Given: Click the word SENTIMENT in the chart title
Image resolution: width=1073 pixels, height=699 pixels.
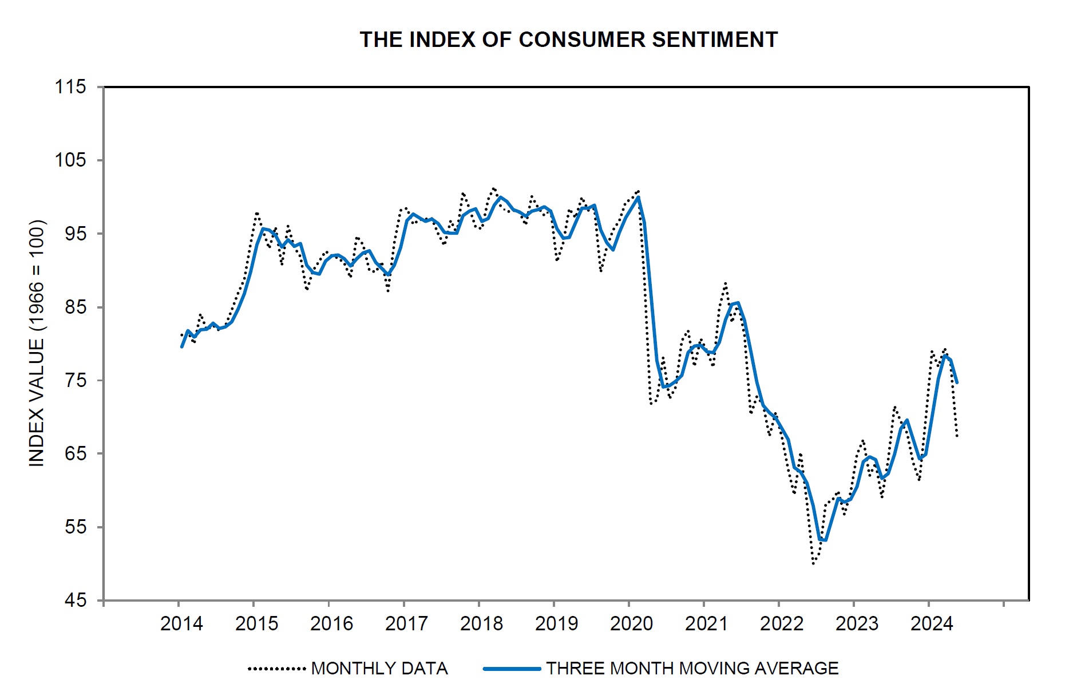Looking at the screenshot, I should [715, 40].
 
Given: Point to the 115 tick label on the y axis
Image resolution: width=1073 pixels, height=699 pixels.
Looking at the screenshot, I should [70, 87].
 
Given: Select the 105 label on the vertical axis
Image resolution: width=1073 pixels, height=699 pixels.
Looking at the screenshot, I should [70, 160].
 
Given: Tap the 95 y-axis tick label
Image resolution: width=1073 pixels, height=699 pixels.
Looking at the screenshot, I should [74, 234].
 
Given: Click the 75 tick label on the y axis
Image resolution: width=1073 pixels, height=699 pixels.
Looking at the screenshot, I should [74, 380].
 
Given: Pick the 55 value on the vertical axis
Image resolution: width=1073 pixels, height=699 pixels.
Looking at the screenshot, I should [74, 527].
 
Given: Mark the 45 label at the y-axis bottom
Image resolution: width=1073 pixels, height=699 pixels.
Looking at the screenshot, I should [74, 601].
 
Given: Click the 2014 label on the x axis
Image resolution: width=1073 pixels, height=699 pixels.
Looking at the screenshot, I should [181, 623].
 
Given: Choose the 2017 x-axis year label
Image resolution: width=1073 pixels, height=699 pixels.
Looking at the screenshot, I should [406, 623].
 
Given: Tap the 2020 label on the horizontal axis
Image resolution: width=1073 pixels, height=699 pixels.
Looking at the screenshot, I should [631, 623].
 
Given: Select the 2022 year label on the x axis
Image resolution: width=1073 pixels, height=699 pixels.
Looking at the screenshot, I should [781, 623].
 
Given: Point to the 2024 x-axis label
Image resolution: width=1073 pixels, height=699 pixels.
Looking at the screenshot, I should [932, 623].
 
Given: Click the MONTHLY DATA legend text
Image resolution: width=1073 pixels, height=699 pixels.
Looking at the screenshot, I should [379, 669].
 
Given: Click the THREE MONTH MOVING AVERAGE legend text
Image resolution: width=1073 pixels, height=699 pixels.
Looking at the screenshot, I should [692, 669].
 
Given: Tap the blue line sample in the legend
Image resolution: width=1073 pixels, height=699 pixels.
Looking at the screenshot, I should [512, 669].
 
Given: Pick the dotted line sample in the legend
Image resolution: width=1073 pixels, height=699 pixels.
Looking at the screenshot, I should [277, 669].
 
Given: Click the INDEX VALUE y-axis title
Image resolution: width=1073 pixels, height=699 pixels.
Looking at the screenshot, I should [37, 343].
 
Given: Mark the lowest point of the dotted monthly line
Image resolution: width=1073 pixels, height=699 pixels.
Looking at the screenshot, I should [813, 564].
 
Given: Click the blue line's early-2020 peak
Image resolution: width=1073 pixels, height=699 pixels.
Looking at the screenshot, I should [638, 198].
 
